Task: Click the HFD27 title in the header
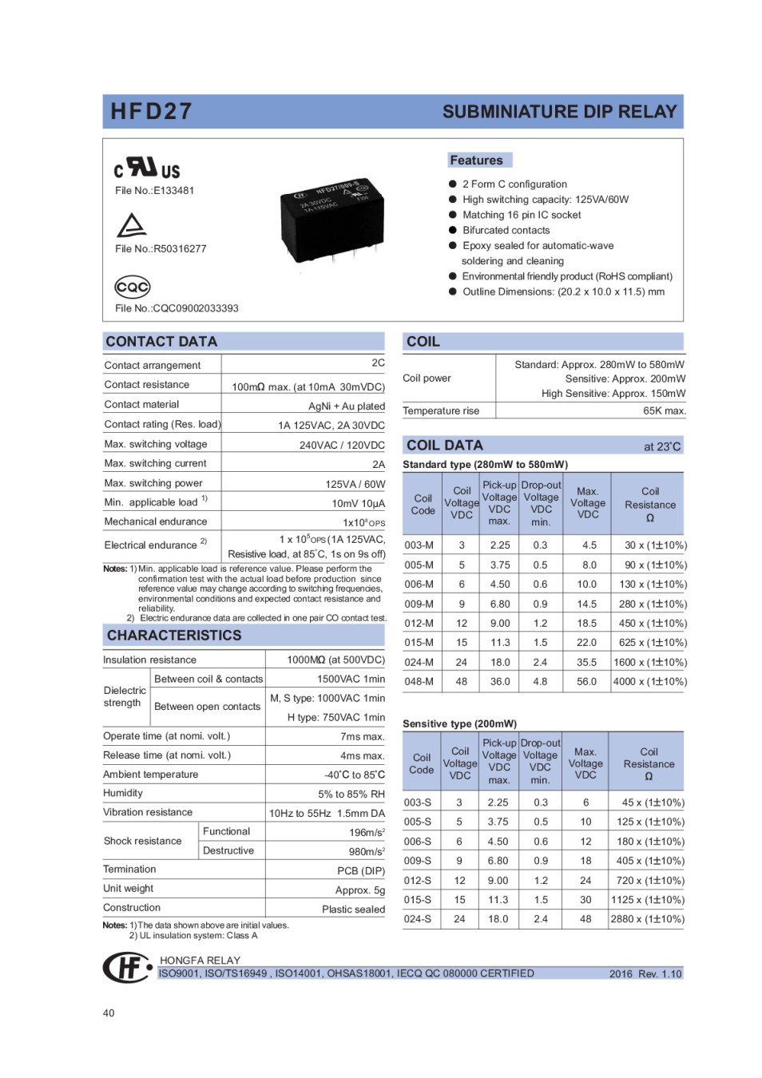point(151,111)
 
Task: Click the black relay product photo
point(331,215)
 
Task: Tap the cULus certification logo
point(147,168)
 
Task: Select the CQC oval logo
point(132,286)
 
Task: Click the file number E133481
point(154,190)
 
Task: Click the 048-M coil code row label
point(419,681)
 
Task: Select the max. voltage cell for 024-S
point(585,918)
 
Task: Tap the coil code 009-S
point(417,860)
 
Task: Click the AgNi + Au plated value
point(346,406)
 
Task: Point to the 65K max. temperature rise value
point(664,410)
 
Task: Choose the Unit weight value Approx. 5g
point(359,890)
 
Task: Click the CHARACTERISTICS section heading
point(174,635)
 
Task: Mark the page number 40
point(109,1013)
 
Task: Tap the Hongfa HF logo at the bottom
point(127,967)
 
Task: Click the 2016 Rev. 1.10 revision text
point(645,973)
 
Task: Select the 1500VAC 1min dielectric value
point(351,679)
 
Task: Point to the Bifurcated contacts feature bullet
point(506,230)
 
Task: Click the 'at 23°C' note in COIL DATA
point(661,446)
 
